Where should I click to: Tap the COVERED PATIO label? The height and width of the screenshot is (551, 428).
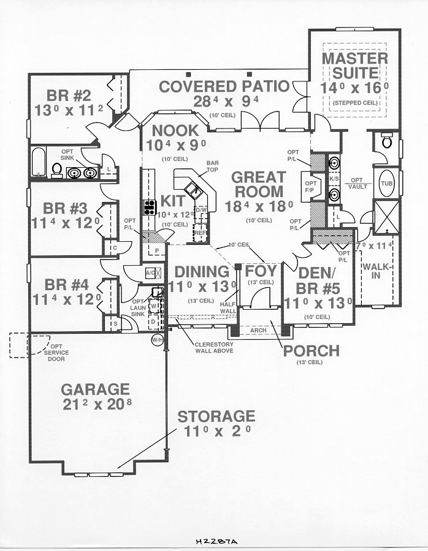pyautogui.click(x=224, y=86)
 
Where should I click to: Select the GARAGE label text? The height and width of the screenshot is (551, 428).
pyautogui.click(x=95, y=389)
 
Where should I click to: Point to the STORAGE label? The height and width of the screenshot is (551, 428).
pyautogui.click(x=216, y=417)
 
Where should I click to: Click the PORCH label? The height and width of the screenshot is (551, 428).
pyautogui.click(x=310, y=350)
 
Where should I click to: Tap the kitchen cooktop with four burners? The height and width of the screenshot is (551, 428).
pyautogui.click(x=149, y=208)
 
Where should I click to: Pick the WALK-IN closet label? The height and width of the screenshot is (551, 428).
pyautogui.click(x=373, y=271)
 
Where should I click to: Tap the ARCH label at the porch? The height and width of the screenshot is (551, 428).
pyautogui.click(x=258, y=331)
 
